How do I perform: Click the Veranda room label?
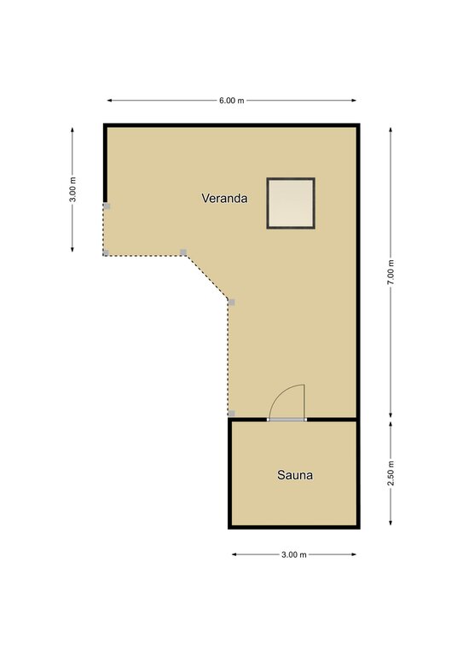pyautogui.click(x=224, y=198)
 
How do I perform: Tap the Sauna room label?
pyautogui.click(x=295, y=475)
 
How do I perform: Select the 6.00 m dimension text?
pyautogui.click(x=232, y=101)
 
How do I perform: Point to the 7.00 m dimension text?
pyautogui.click(x=391, y=272)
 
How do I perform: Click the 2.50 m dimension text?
pyautogui.click(x=391, y=473)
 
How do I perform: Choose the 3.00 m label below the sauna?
pyautogui.click(x=294, y=554)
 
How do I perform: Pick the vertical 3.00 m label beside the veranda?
pyautogui.click(x=72, y=189)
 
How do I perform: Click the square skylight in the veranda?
pyautogui.click(x=291, y=204)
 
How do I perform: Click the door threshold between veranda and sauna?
pyautogui.click(x=287, y=420)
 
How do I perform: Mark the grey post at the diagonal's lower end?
pyautogui.click(x=232, y=302)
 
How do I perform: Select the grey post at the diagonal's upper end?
pyautogui.click(x=183, y=252)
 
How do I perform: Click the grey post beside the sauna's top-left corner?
pyautogui.click(x=231, y=414)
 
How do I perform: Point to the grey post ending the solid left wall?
pyautogui.click(x=107, y=206)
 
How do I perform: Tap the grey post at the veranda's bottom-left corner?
pyautogui.click(x=106, y=252)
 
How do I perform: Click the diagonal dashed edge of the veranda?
pyautogui.click(x=207, y=277)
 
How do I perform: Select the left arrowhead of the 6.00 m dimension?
pyautogui.click(x=110, y=101)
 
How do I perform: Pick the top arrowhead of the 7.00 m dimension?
pyautogui.click(x=391, y=130)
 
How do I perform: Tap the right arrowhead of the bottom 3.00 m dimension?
pyautogui.click(x=354, y=554)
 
